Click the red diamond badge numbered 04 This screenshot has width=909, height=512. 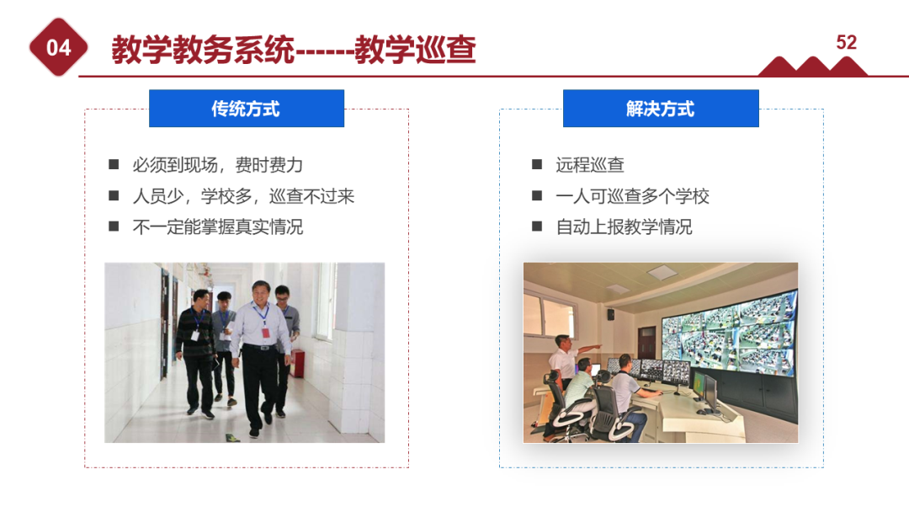tap(59, 48)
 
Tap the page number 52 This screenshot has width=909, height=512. tap(846, 43)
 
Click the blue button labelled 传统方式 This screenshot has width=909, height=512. tap(246, 109)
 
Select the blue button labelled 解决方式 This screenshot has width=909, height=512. tap(661, 109)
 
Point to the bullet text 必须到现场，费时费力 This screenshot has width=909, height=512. tap(217, 165)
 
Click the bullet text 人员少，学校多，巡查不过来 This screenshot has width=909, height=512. tap(243, 196)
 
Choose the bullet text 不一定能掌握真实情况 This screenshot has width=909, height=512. tap(217, 227)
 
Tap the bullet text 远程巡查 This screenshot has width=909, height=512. tap(590, 165)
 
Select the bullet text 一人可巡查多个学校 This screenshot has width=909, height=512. tap(632, 196)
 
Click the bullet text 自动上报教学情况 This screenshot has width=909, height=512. tap(624, 227)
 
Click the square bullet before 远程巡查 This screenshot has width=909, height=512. tap(537, 165)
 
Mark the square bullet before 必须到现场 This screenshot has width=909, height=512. tap(114, 165)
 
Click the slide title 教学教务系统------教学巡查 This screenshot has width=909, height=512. tap(294, 50)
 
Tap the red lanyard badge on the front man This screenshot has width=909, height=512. tap(266, 330)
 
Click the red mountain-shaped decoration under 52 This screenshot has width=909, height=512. tap(812, 67)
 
